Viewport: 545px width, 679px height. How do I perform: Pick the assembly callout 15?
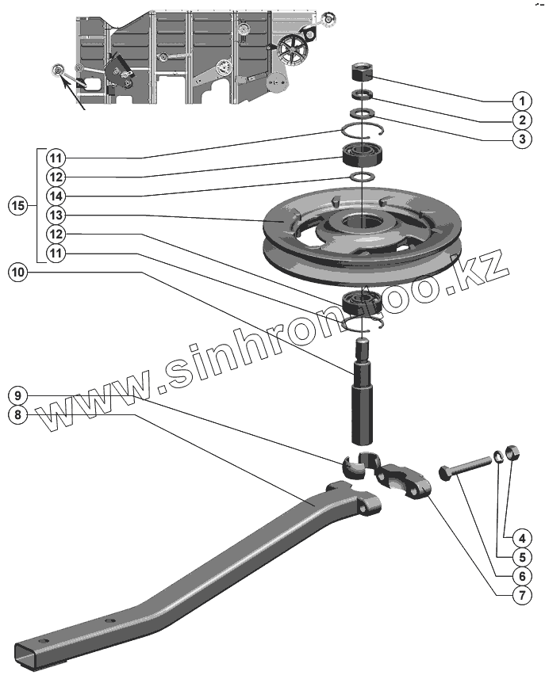tap(19, 206)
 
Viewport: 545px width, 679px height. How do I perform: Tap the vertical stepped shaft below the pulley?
tap(363, 396)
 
